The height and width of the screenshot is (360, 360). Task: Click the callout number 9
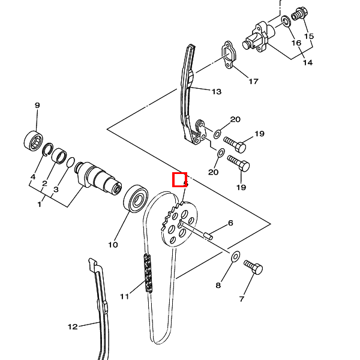(37, 106)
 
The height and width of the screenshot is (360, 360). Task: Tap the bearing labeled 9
(34, 141)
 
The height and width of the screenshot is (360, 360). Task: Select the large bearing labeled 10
(136, 199)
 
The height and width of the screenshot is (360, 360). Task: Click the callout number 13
(216, 92)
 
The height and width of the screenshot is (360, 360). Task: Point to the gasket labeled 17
(229, 55)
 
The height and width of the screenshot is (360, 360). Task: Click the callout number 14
(308, 62)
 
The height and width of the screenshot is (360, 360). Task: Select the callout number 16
(296, 43)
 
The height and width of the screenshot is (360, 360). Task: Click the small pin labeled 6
(208, 236)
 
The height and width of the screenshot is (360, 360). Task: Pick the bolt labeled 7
(253, 267)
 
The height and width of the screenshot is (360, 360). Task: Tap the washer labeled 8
(235, 257)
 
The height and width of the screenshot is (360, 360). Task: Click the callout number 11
(125, 296)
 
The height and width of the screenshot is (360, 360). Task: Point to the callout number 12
(73, 327)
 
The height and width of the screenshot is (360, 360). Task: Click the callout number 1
(40, 204)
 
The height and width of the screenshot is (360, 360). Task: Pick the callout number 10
(113, 245)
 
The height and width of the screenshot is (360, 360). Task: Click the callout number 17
(253, 81)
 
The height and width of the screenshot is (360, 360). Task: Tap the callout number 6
(230, 223)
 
